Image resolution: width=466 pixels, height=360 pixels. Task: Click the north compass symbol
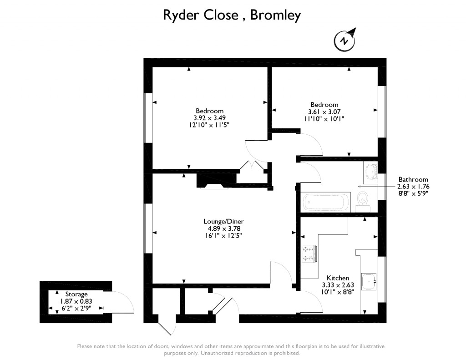coord(345,40)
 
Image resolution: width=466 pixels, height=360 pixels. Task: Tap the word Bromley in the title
coord(276,15)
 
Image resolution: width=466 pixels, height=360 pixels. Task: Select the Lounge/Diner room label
coord(220,222)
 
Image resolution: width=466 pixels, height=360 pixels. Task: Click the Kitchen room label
coord(338,278)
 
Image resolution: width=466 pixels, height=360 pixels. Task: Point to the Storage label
coord(76,294)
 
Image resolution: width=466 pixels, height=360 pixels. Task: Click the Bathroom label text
coord(413,179)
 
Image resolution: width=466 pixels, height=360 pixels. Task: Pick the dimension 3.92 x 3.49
coord(210,118)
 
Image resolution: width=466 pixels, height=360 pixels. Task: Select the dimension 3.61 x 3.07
coord(324,112)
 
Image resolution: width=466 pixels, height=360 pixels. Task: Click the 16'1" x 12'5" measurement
coord(220,236)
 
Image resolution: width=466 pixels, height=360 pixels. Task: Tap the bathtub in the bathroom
coord(326,201)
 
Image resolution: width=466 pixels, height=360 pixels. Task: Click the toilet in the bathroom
coord(363,199)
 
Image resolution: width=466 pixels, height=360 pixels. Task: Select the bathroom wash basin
coord(371,172)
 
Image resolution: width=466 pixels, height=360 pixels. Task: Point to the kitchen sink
coord(369,281)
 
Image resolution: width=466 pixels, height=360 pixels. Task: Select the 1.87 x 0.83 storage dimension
coord(76,301)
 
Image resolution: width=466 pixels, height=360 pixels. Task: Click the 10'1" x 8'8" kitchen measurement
coord(338,292)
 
